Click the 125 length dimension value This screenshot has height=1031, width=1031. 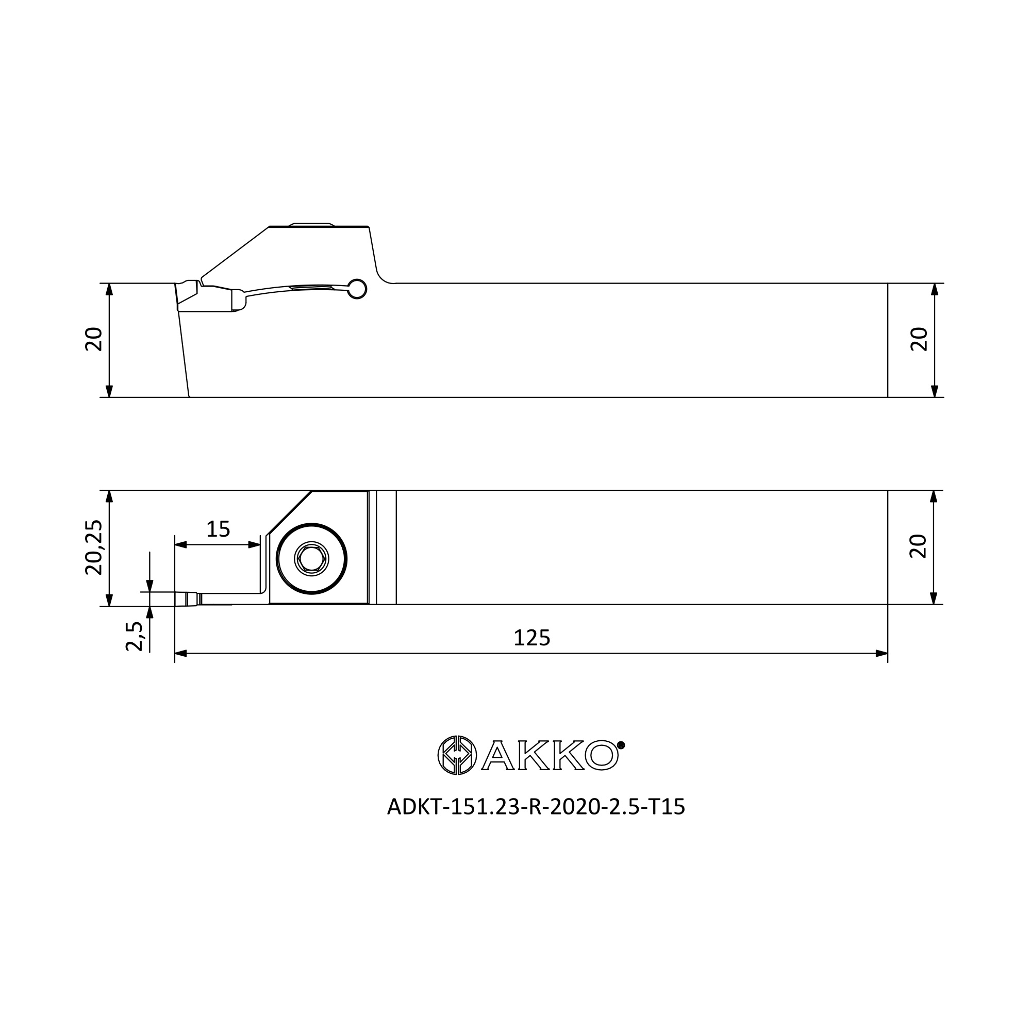click(x=531, y=638)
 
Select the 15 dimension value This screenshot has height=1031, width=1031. click(x=218, y=529)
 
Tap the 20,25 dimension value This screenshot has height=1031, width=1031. click(x=94, y=547)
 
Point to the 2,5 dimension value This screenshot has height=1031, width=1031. click(x=135, y=636)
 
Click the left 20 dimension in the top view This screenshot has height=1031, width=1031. click(x=94, y=339)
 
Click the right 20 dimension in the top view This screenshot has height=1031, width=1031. click(x=919, y=339)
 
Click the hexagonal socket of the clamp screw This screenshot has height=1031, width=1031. click(x=312, y=559)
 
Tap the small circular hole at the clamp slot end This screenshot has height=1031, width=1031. click(x=357, y=289)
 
